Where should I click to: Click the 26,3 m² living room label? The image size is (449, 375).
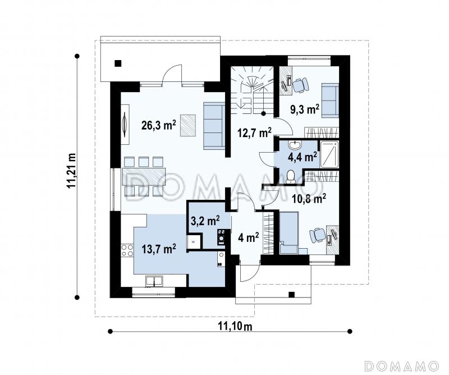(159, 125)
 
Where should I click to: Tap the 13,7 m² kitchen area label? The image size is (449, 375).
(159, 249)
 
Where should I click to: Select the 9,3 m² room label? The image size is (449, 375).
(305, 109)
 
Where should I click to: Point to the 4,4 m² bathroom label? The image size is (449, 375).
(303, 157)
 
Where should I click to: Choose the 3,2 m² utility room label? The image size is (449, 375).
(205, 221)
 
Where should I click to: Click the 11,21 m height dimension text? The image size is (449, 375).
(71, 170)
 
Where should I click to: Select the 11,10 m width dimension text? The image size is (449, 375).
(235, 326)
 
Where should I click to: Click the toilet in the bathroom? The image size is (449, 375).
(291, 176)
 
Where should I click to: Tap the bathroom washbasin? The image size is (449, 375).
(294, 145)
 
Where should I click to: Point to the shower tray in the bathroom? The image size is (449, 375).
(329, 154)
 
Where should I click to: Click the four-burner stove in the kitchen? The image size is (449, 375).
(127, 250)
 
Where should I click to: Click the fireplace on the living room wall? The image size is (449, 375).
(125, 124)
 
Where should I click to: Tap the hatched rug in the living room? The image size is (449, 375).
(188, 125)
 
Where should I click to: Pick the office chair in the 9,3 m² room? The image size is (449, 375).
(300, 85)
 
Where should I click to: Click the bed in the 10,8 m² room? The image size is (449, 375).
(289, 232)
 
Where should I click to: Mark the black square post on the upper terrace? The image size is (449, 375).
(118, 63)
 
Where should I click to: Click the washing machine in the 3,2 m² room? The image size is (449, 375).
(221, 237)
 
